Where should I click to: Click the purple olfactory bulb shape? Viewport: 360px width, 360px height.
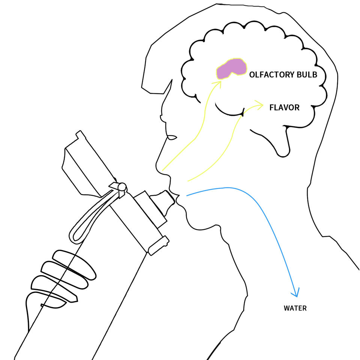(x=231, y=69)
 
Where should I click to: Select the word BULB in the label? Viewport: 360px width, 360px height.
(x=307, y=75)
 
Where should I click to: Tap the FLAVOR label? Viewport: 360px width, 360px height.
(x=284, y=108)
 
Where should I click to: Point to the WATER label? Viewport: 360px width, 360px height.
(x=295, y=308)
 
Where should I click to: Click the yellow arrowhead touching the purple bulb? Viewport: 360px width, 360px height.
(x=218, y=83)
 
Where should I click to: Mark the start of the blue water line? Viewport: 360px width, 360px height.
(x=187, y=195)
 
